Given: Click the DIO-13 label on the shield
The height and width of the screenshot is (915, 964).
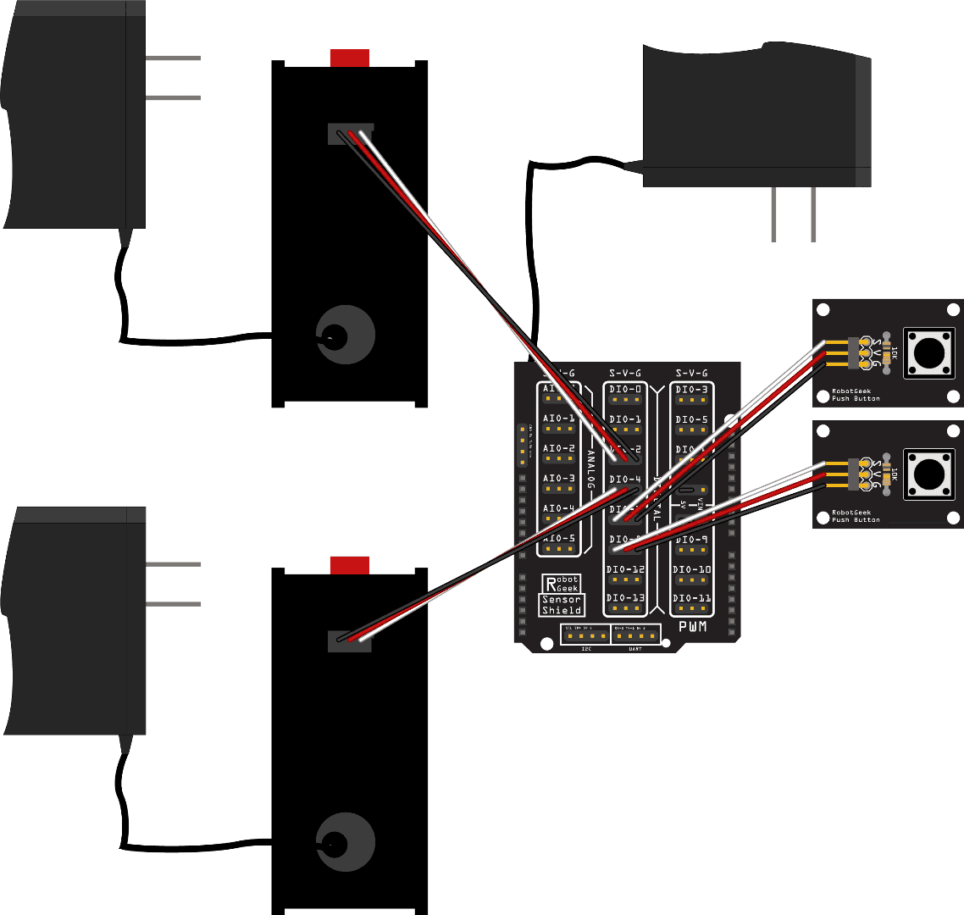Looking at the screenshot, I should click(625, 598).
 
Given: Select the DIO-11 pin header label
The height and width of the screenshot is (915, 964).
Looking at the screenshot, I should click(692, 598).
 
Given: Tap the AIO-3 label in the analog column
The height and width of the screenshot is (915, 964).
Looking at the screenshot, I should click(559, 479).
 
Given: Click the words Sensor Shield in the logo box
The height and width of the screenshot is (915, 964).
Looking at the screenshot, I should click(562, 605).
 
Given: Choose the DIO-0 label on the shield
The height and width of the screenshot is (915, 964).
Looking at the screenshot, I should click(625, 390).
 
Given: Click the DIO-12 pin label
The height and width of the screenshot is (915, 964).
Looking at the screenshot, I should click(625, 569).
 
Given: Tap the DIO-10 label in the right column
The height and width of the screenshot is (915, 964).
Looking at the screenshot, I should click(692, 569).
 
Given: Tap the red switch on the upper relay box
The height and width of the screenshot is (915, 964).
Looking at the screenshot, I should click(350, 58).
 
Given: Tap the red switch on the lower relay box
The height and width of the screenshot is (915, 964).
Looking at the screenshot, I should click(350, 565).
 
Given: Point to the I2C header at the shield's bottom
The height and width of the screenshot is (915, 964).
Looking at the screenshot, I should click(584, 635).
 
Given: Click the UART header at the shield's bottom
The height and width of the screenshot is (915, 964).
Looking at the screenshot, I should click(635, 635).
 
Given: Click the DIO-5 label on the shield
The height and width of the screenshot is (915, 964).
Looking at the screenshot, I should click(692, 419).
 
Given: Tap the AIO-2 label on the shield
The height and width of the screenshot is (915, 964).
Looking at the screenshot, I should click(559, 448).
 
